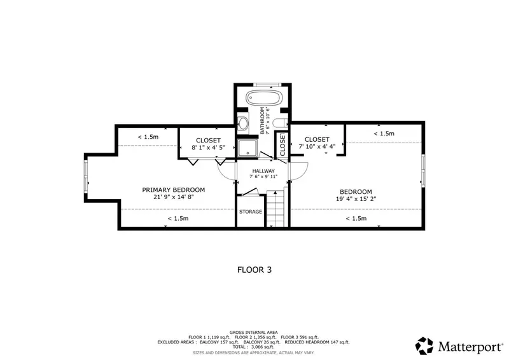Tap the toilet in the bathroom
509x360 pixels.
coord(280,123)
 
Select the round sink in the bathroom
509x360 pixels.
coord(243,123)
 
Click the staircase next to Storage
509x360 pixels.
coord(275,209)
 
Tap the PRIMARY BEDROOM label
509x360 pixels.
coord(173,190)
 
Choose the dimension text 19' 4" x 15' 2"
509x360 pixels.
coord(356,198)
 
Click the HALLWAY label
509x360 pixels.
coord(263,171)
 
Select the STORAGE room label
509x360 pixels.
coord(250,212)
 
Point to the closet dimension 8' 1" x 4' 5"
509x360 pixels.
coord(208,148)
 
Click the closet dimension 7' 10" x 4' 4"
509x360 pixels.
coord(317,146)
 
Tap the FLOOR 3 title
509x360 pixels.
coord(254,270)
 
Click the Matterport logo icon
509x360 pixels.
coord(424,346)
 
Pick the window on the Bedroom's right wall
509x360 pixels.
coord(423,170)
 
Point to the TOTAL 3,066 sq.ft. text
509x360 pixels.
coord(253,347)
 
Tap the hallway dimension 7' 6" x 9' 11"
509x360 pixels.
coord(263,177)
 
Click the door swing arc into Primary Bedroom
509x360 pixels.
coord(225,171)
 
